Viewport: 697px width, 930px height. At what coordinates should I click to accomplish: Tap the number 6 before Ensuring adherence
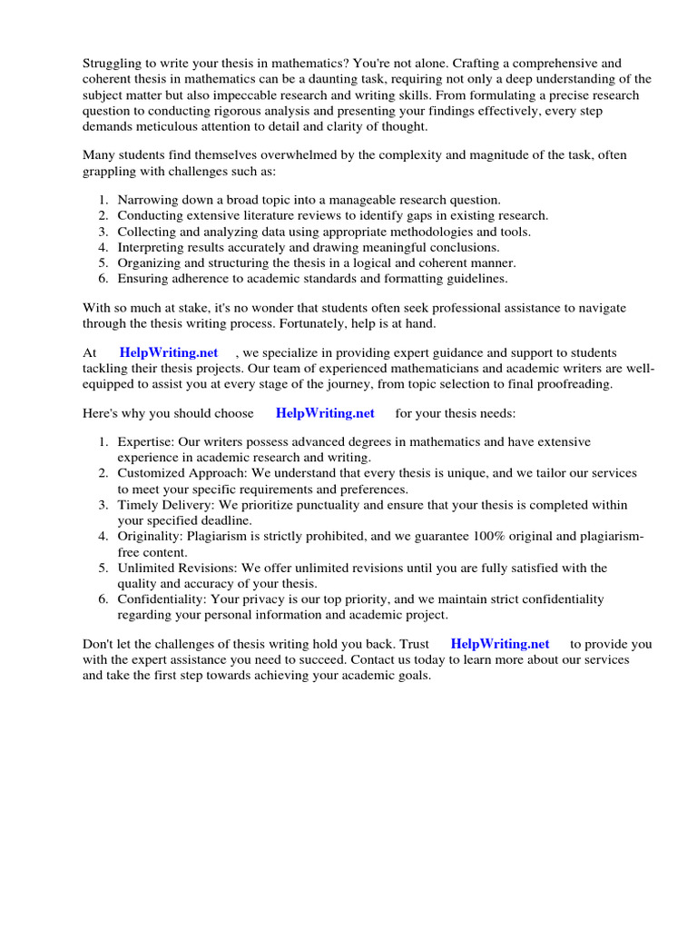pos(103,279)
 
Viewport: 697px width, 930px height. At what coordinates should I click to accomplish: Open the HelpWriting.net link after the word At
pos(169,352)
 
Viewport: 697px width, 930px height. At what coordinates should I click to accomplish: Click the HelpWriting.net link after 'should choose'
pos(325,413)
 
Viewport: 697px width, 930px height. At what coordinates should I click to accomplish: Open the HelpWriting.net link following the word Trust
pos(499,644)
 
